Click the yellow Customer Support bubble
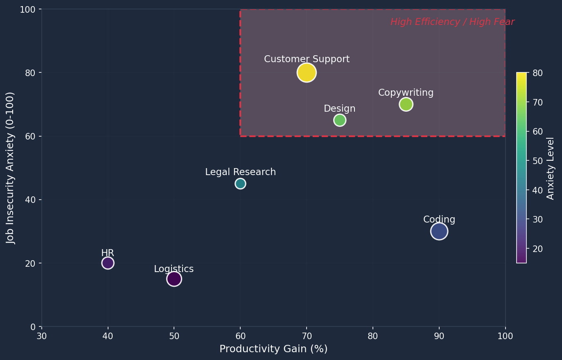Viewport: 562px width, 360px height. click(x=307, y=73)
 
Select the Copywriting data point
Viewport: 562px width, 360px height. click(x=406, y=104)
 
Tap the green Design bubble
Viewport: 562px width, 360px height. click(x=340, y=120)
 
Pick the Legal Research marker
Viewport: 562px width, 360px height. click(x=240, y=184)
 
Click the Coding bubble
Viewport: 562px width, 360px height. click(x=439, y=232)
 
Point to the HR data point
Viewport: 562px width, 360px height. click(x=108, y=263)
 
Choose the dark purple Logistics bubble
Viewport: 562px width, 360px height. click(x=174, y=279)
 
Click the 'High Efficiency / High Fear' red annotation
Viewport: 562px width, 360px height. click(x=452, y=22)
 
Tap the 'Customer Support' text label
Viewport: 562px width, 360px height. click(x=307, y=59)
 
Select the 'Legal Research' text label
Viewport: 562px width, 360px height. click(x=240, y=172)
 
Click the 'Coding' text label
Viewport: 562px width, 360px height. click(x=439, y=220)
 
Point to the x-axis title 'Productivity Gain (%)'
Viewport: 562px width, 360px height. click(x=273, y=349)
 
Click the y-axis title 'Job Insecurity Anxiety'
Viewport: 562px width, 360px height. click(x=11, y=168)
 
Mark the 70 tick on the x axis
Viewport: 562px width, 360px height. click(x=307, y=336)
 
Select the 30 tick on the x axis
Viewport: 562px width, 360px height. click(x=42, y=336)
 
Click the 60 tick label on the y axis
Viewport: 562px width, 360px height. click(x=31, y=136)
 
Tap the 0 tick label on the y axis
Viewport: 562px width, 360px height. click(x=33, y=327)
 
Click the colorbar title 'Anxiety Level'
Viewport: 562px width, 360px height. click(x=551, y=168)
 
